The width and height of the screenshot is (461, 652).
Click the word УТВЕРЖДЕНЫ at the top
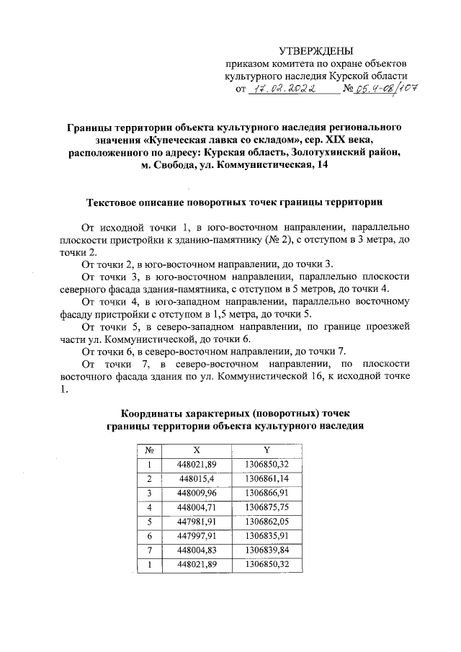(x=316, y=50)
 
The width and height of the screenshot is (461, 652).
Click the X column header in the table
(x=197, y=448)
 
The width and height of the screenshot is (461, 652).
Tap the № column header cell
(x=149, y=448)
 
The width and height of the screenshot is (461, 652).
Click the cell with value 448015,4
(x=197, y=478)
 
